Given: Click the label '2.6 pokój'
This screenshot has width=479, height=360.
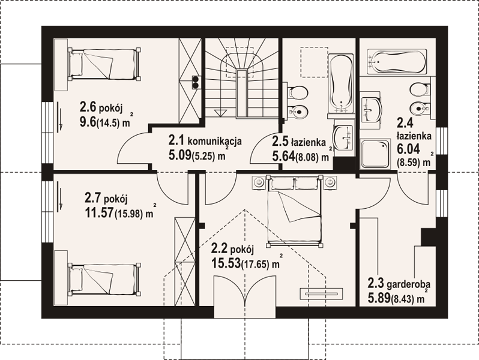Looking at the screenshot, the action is [x=101, y=107].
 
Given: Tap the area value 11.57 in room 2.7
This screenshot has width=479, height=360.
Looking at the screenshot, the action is [x=99, y=213].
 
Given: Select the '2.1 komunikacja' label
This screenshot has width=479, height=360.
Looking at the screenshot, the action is [x=205, y=141].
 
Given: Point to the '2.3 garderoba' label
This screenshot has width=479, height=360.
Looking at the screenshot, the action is [x=399, y=284].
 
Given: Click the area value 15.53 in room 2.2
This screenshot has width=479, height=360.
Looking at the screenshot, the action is [x=225, y=263].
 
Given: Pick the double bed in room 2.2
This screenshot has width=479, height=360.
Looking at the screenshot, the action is [x=295, y=211].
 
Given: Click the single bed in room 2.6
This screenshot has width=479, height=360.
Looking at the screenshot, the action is [x=104, y=64].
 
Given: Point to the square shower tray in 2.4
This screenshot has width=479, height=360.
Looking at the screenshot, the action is [x=375, y=154].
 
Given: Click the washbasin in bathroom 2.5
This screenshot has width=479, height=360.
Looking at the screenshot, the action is [x=343, y=138].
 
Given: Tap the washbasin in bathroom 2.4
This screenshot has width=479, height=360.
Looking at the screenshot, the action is [x=370, y=109].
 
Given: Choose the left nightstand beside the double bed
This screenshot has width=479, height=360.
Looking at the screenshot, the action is [x=259, y=182].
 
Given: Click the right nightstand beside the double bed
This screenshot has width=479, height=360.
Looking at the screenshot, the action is [x=330, y=182].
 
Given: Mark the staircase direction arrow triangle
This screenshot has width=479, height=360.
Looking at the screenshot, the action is [x=220, y=113].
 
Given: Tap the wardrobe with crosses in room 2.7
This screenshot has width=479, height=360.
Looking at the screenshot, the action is [x=185, y=262].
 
